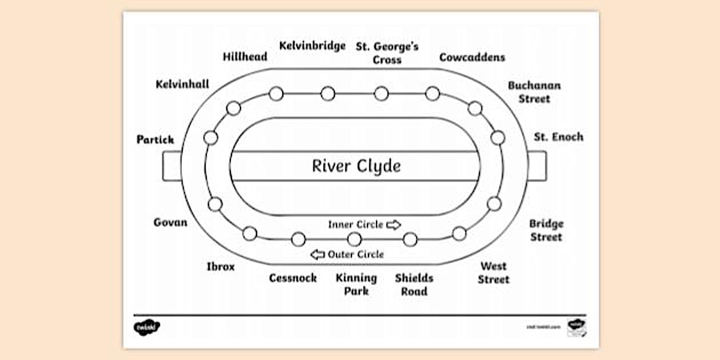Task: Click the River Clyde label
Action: click(356, 166)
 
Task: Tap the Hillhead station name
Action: click(245, 57)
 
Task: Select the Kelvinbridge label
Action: click(312, 46)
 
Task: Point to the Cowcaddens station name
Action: click(472, 57)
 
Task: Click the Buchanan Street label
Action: click(534, 92)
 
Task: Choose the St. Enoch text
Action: click(558, 137)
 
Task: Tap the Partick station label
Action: click(155, 139)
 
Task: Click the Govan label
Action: click(170, 222)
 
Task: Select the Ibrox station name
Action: click(220, 267)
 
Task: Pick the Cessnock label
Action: click(293, 278)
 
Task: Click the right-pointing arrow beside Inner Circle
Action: click(394, 225)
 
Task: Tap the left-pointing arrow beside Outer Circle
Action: click(317, 254)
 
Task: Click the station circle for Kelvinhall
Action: click(233, 108)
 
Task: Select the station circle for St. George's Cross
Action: click(381, 94)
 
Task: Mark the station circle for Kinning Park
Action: click(354, 239)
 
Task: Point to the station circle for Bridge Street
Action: click(494, 203)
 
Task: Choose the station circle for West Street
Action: click(459, 233)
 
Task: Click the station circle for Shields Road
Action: click(410, 239)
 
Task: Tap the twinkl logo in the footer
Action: click(147, 327)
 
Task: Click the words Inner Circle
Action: click(355, 225)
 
